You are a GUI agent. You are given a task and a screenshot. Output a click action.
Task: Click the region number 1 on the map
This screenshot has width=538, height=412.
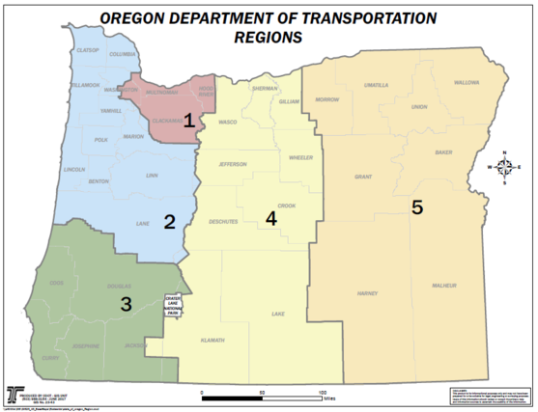189,121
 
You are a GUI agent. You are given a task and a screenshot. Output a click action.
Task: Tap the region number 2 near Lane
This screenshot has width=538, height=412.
169,222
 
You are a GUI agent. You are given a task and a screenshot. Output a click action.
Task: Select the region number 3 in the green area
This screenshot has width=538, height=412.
126,305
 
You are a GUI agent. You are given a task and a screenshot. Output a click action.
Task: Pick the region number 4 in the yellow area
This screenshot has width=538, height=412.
270,218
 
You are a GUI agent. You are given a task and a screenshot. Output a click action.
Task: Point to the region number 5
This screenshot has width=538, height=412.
416,207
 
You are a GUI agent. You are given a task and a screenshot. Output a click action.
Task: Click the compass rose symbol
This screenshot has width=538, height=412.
503,167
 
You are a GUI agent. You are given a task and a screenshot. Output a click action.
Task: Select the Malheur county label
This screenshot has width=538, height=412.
443,286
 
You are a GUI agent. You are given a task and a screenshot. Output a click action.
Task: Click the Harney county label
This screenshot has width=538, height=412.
366,292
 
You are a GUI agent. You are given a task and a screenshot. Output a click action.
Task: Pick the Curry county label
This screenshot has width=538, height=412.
49,357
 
